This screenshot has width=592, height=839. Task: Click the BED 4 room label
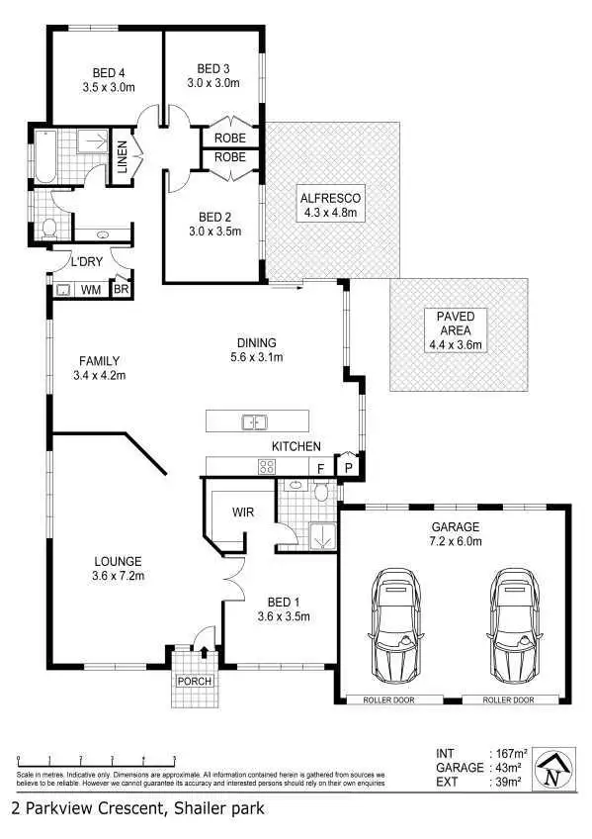point(109,72)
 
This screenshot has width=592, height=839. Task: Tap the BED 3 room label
point(213,68)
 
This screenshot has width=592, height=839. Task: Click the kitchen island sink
point(254,422)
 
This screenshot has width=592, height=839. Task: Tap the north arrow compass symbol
point(553,769)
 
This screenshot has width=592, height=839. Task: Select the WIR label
point(244,513)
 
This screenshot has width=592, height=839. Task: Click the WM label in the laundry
point(89,290)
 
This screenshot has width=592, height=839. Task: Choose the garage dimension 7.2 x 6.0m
point(456,541)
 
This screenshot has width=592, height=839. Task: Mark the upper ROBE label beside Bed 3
point(230,139)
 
